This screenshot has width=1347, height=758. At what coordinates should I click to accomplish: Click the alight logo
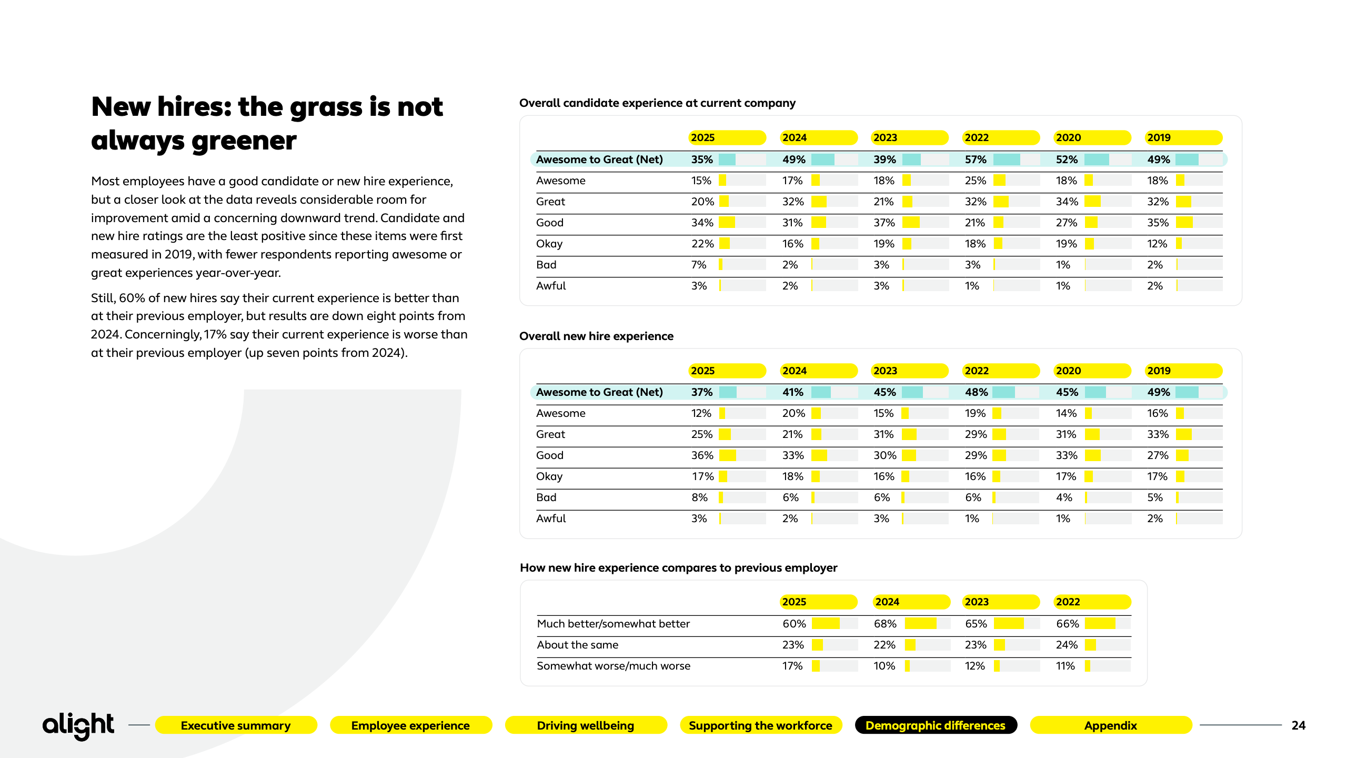[78, 725]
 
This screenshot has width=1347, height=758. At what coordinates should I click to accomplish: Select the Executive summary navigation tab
[236, 725]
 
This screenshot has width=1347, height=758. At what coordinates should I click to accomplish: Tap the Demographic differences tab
[936, 725]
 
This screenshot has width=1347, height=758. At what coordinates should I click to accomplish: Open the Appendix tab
[1110, 725]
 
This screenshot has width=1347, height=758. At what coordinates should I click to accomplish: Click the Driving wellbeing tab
[585, 725]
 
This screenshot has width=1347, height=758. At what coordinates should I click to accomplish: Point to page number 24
[1298, 725]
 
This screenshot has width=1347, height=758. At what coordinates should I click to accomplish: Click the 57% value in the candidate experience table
[976, 159]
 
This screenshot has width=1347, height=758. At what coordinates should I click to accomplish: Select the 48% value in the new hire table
[976, 392]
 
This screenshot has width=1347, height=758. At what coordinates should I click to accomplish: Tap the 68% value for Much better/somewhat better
[885, 624]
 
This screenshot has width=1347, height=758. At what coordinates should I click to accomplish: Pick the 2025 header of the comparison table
[794, 602]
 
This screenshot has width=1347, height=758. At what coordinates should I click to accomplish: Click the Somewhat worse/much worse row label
[614, 666]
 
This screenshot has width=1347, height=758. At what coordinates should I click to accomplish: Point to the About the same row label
[577, 645]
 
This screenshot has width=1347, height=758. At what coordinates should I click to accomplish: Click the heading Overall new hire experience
[596, 336]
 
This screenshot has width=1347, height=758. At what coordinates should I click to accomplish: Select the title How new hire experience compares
[678, 568]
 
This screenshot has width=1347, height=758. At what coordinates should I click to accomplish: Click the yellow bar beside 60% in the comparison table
[826, 624]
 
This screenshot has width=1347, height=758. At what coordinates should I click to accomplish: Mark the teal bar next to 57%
[1007, 159]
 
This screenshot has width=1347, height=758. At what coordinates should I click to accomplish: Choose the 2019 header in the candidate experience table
[1159, 138]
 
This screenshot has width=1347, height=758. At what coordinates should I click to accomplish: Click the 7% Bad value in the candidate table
[698, 265]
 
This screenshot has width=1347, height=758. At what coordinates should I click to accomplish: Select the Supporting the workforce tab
[760, 725]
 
